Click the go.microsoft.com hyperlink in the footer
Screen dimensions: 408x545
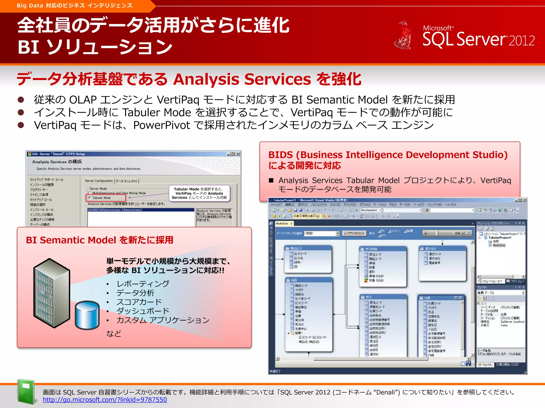(105, 399)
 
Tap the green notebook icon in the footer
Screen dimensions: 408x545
(26, 392)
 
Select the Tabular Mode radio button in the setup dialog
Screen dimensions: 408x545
(90, 198)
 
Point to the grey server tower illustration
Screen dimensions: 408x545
(51, 292)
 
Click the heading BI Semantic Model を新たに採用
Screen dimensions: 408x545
(100, 240)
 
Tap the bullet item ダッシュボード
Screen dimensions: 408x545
(143, 311)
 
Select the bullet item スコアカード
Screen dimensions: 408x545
(139, 302)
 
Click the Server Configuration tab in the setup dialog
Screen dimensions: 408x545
(99, 181)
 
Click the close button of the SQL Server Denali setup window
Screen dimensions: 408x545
(238, 154)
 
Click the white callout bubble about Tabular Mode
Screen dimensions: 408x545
(199, 193)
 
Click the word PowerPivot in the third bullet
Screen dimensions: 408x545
(162, 125)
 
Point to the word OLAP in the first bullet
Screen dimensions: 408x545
(83, 100)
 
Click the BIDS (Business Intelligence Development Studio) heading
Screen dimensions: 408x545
(388, 155)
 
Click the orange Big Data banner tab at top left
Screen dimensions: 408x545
(75, 6)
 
